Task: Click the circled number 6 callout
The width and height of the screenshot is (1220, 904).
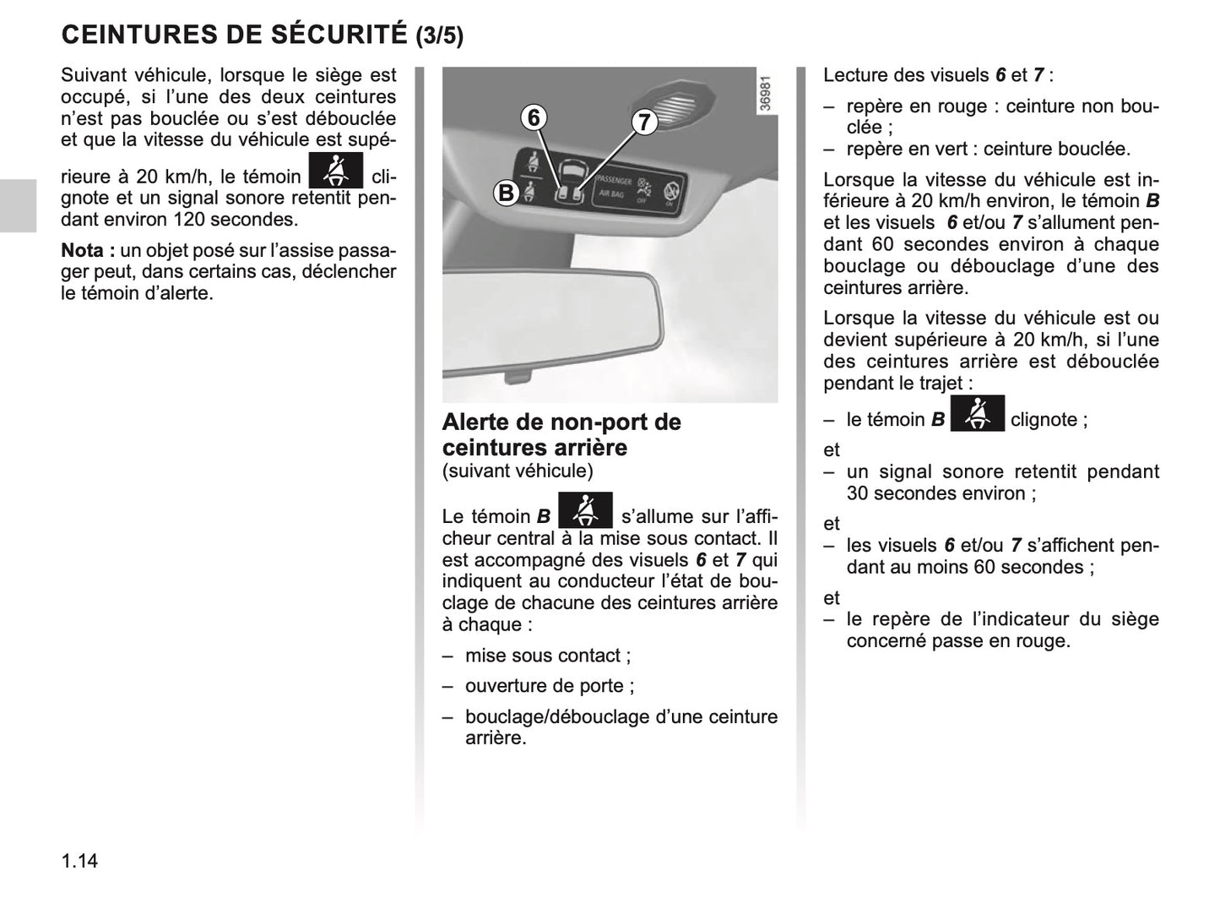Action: (533, 117)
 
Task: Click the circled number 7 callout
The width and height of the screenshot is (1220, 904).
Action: (644, 123)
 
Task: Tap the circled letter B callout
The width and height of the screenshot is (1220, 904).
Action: (506, 193)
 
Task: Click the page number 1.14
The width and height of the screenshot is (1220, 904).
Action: (79, 860)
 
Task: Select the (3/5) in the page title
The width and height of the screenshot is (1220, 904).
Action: (440, 35)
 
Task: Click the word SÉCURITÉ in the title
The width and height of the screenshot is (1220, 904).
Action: (339, 35)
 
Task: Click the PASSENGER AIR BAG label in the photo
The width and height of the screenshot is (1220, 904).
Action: (613, 187)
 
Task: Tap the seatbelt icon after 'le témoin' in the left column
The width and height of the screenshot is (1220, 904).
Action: (335, 171)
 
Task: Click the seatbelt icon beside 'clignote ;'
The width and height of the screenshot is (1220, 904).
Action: (977, 413)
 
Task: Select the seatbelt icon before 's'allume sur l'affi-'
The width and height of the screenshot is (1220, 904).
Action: (585, 510)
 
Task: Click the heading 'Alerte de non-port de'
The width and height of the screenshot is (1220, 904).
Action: (561, 422)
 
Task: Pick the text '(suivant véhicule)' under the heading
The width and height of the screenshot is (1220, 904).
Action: (518, 471)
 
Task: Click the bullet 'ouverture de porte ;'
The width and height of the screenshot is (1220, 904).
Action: (549, 686)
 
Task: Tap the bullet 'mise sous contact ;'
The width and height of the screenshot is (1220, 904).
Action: (547, 656)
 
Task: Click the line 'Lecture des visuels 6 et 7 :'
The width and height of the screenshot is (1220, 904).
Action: (937, 75)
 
